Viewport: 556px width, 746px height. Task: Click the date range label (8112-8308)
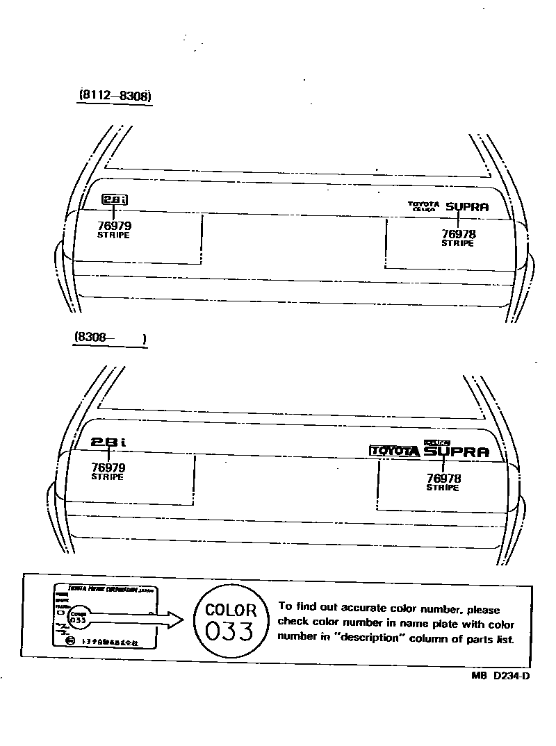(x=114, y=96)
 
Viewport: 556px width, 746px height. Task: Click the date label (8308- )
(x=110, y=338)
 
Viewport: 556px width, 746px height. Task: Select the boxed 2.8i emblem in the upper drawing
(x=115, y=200)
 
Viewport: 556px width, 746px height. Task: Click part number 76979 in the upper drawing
(x=114, y=225)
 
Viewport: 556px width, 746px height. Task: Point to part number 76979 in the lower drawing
(x=108, y=467)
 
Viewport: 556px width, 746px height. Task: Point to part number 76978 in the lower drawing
(x=443, y=478)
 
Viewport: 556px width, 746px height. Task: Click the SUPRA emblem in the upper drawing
(x=467, y=206)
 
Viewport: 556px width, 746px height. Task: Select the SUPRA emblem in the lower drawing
(x=456, y=452)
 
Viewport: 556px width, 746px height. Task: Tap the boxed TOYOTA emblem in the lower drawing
(x=394, y=451)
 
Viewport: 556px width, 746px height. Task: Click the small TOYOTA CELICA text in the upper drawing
(x=424, y=206)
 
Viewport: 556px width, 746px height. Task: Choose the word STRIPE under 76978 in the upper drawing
(x=458, y=244)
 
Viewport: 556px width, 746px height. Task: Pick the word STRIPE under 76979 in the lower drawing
(x=108, y=477)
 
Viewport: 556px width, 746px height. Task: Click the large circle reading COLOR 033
(x=231, y=621)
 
